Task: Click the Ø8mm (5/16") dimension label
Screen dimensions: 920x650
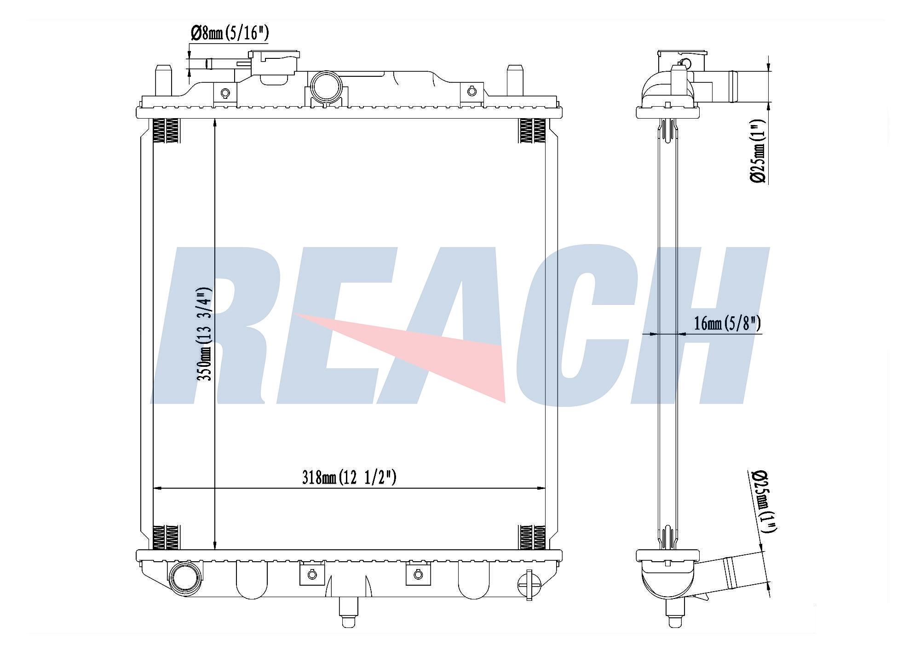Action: (230, 33)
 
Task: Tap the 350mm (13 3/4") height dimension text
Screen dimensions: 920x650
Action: (205, 334)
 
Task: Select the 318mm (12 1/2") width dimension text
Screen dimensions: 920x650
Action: (349, 478)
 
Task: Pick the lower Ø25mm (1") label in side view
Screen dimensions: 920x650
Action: (765, 502)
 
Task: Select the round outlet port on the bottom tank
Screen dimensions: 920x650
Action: (185, 577)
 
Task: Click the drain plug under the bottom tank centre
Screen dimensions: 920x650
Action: (348, 612)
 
